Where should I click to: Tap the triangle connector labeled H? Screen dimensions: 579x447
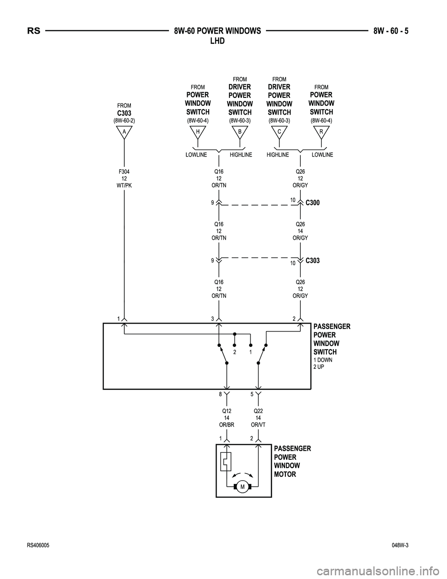pos(198,132)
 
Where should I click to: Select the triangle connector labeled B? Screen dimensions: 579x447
pos(239,132)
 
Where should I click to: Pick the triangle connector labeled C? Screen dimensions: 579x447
pos(279,132)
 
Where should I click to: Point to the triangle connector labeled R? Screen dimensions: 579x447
pos(321,132)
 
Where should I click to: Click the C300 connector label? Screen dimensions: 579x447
pos(313,203)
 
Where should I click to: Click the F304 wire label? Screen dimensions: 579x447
pos(124,172)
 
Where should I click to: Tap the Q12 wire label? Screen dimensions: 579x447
pos(227,411)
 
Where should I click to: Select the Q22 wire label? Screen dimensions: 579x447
pos(258,411)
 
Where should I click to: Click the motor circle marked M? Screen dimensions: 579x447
pos(243,487)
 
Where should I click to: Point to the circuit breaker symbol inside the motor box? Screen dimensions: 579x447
pos(226,462)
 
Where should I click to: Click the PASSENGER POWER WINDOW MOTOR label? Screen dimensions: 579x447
pos(292,461)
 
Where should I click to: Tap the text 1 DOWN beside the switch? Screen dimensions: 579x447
pos(323,360)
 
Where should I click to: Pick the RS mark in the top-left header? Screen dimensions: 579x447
pos(34,32)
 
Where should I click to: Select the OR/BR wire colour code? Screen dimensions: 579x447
pos(227,425)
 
